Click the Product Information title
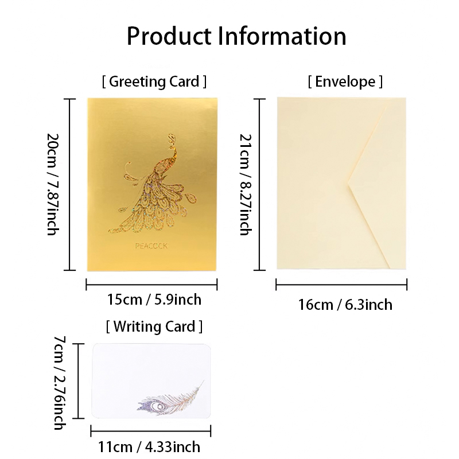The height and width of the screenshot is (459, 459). point(236,36)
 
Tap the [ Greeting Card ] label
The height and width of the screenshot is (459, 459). point(154,81)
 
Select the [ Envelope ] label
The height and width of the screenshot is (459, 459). point(345,81)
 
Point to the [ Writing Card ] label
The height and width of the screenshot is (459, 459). point(154,326)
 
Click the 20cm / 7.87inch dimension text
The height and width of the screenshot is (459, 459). point(53,184)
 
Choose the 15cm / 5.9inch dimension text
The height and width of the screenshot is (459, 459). point(154,299)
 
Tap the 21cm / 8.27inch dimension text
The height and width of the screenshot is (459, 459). point(246,184)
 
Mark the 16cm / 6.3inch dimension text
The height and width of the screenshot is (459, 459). point(345,305)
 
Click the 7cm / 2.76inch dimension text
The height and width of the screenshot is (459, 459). point(60,383)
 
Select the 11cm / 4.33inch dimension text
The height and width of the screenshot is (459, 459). point(149,447)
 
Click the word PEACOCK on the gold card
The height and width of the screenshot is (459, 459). point(151,246)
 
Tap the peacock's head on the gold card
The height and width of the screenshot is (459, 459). point(171,138)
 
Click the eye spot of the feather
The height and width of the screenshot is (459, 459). point(159,407)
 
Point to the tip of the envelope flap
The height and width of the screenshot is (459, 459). point(348,184)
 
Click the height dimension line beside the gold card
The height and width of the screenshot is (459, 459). point(69,184)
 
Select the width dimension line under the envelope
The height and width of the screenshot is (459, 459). point(341,284)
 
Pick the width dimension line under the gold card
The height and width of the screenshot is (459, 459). point(151,284)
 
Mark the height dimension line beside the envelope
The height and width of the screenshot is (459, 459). point(260,184)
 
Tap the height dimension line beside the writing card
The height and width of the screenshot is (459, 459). point(79,381)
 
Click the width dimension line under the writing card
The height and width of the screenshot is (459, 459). point(151,431)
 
